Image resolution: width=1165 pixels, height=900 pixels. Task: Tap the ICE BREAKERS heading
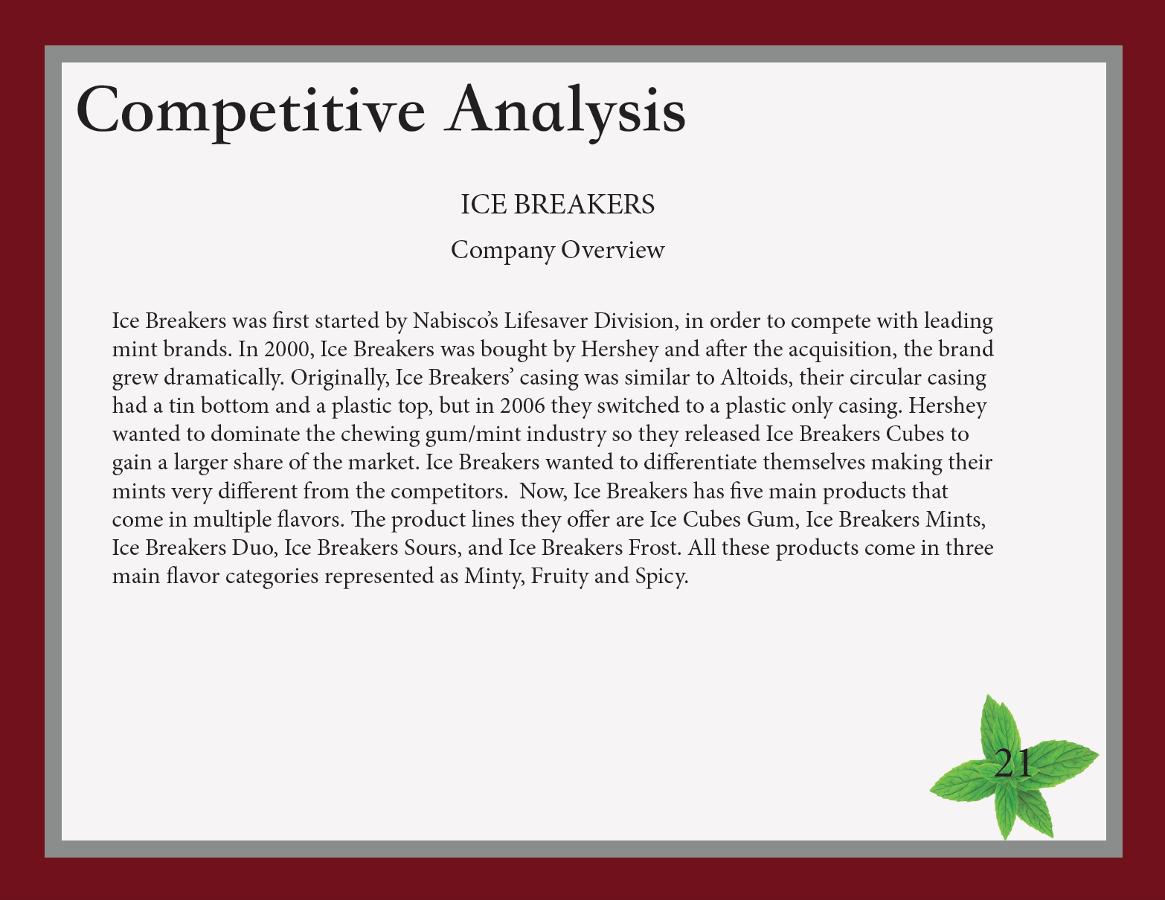point(557,205)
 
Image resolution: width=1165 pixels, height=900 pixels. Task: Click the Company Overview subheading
point(557,251)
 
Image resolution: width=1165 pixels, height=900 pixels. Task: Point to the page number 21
point(1012,763)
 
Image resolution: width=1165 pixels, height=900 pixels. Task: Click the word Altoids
point(756,377)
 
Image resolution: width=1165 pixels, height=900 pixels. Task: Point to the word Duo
point(252,547)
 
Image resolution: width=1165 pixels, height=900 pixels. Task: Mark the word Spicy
point(661,576)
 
